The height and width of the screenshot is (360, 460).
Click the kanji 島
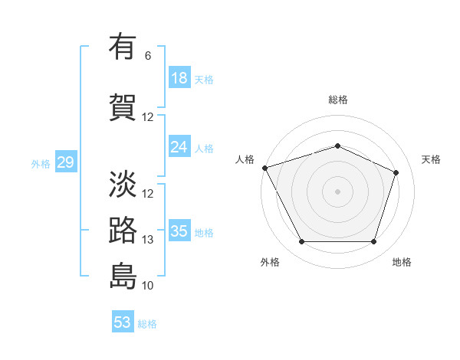click(x=123, y=276)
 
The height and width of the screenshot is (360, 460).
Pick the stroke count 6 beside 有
click(x=148, y=56)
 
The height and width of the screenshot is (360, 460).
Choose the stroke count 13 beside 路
click(x=148, y=240)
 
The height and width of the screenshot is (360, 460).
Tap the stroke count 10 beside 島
click(x=148, y=286)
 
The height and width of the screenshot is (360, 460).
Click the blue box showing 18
click(x=179, y=78)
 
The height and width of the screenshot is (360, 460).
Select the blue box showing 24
click(x=179, y=147)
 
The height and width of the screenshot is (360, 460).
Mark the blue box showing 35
click(x=179, y=231)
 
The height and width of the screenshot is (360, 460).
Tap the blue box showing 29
click(x=65, y=162)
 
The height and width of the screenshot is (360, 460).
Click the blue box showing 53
click(x=122, y=322)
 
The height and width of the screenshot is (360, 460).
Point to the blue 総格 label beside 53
click(x=147, y=323)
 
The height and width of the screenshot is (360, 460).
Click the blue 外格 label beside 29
click(x=40, y=163)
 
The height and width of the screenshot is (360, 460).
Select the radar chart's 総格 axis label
click(x=337, y=100)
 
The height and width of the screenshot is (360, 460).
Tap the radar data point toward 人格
click(x=264, y=168)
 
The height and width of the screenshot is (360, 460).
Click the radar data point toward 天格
click(x=396, y=172)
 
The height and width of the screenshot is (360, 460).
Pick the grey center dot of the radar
click(x=337, y=191)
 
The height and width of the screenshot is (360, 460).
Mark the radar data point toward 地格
click(x=373, y=242)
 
